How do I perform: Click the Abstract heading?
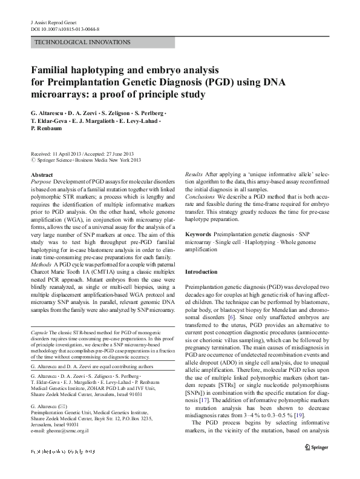point(41,174)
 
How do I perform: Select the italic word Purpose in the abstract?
point(41,182)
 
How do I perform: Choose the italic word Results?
point(194,174)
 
